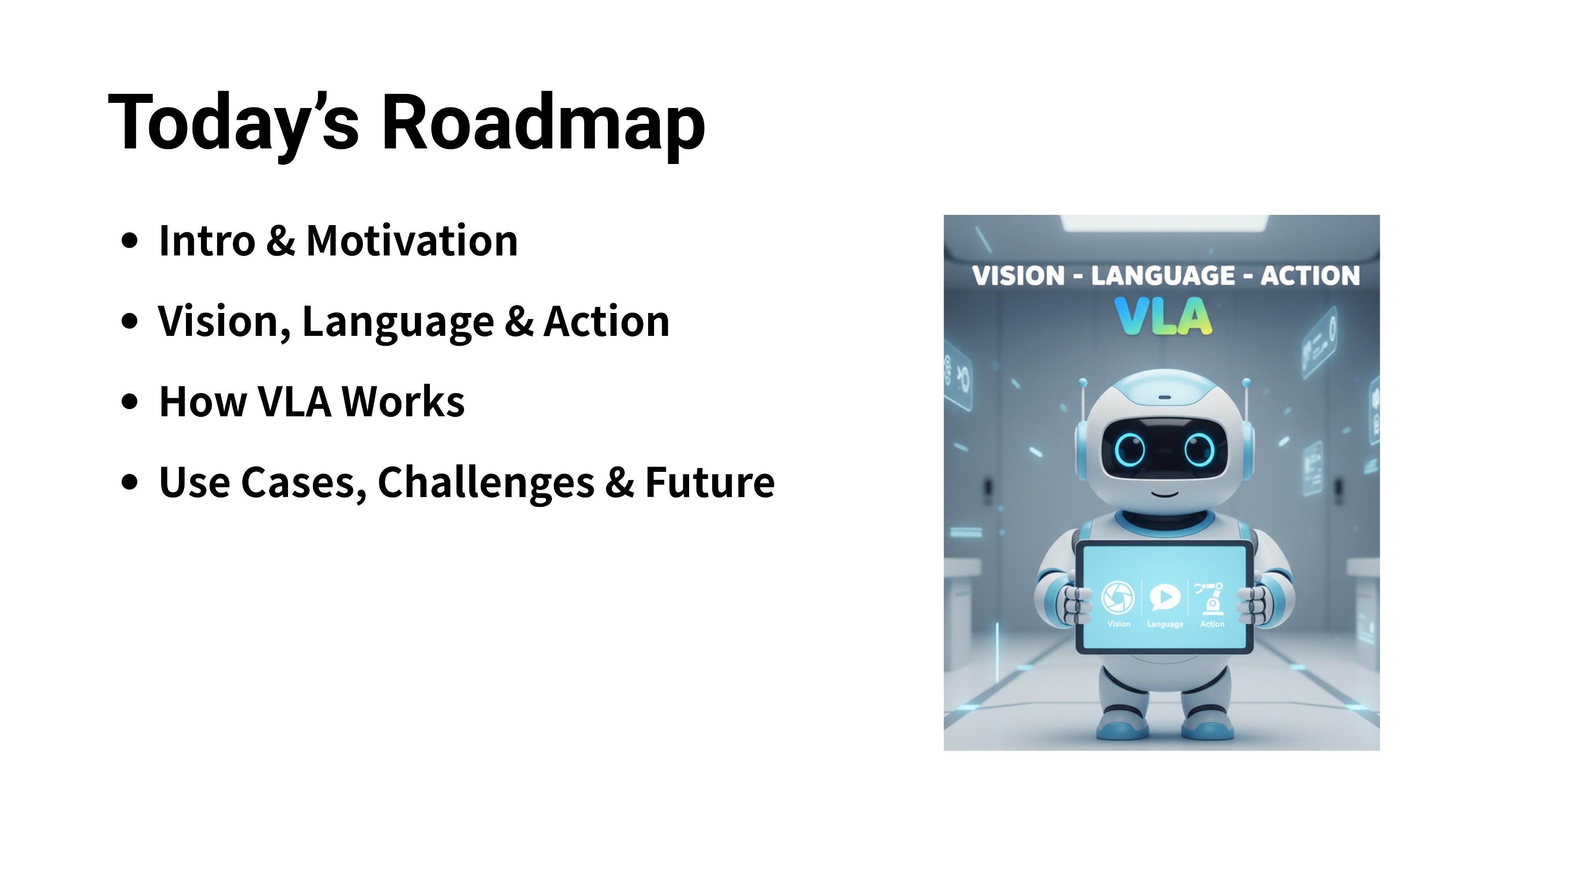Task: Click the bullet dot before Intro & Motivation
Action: (x=130, y=240)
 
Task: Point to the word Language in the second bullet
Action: (x=398, y=322)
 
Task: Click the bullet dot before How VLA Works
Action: (x=130, y=402)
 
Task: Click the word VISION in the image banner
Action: (x=1018, y=276)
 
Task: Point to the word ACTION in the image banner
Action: (x=1310, y=276)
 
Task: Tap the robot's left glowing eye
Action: (x=1129, y=449)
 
